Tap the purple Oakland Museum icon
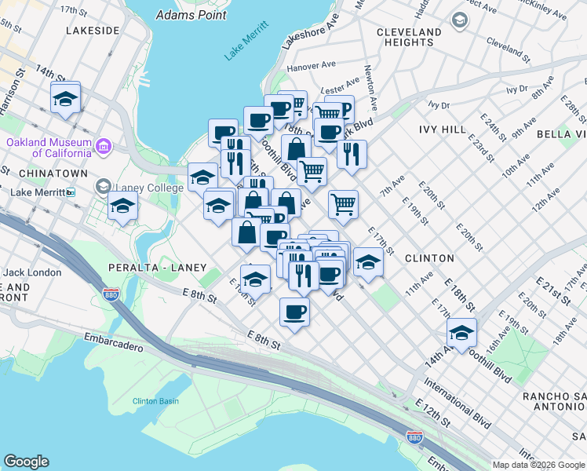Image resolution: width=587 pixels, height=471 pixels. [103, 146]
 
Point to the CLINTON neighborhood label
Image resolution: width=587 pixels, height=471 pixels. [429, 257]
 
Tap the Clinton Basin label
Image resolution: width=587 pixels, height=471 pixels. [155, 401]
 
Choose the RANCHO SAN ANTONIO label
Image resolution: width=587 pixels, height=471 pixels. [554, 400]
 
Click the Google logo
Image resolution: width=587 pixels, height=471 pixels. [26, 462]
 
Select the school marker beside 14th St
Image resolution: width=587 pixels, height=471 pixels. [65, 99]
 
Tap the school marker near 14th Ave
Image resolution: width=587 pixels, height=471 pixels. [461, 334]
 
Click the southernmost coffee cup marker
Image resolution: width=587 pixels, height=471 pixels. [294, 312]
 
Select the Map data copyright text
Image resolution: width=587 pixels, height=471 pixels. [538, 465]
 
